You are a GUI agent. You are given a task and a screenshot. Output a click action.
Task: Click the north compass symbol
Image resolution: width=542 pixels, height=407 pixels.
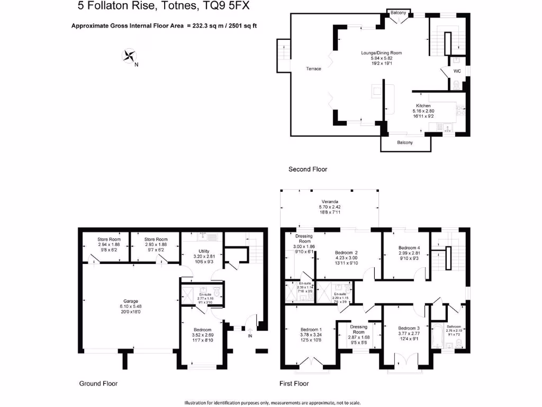129,56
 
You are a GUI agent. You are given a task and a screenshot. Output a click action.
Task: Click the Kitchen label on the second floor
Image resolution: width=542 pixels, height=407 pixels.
423,106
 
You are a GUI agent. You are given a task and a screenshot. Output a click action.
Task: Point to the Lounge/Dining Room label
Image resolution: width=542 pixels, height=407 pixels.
381,53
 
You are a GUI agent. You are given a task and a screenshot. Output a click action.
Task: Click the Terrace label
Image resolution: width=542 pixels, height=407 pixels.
313,69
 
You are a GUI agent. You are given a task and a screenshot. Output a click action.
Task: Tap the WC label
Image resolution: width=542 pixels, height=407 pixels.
457,71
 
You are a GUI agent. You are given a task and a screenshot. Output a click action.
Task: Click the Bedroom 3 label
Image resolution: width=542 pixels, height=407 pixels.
409,328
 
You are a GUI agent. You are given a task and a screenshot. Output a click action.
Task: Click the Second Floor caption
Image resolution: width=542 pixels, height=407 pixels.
308,170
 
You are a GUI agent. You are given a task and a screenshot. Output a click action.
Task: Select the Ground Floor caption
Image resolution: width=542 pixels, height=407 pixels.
98,383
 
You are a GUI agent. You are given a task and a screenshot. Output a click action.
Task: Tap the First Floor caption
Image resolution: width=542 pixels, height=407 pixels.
294,383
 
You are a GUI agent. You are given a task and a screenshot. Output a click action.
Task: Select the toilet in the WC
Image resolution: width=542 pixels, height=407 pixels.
457,84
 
